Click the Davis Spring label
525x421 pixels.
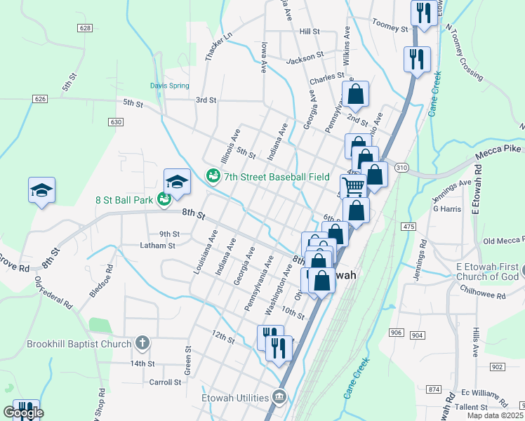click(169, 86)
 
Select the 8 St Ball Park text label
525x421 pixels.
click(124, 200)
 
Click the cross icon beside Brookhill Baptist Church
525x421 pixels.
click(142, 344)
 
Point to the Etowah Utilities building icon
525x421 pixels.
click(280, 397)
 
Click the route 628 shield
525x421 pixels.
click(85, 28)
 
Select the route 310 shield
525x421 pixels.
click(401, 168)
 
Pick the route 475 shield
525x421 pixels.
click(408, 226)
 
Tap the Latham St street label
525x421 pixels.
click(157, 246)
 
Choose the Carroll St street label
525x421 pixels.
click(166, 382)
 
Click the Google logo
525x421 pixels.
click(23, 413)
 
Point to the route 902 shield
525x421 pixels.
click(497, 367)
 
